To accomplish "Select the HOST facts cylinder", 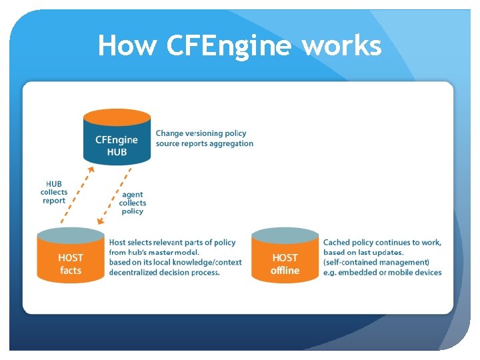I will [x=71, y=260].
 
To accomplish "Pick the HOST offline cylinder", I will [x=285, y=260].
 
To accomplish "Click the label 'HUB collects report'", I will [x=54, y=192].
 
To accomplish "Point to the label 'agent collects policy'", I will [x=133, y=203].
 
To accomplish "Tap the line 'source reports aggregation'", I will [x=205, y=143].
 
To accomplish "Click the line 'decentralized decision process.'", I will [x=164, y=272].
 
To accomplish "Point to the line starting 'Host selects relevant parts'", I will [x=172, y=242].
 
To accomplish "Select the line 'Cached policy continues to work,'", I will [x=382, y=242].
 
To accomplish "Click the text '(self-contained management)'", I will [x=376, y=262].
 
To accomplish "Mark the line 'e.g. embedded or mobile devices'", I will [x=382, y=272].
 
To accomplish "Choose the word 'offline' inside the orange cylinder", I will [x=285, y=271].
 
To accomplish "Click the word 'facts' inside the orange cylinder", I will [x=71, y=271].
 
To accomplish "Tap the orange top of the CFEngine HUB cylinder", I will [x=117, y=117].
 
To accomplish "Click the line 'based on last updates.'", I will [x=363, y=252].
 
